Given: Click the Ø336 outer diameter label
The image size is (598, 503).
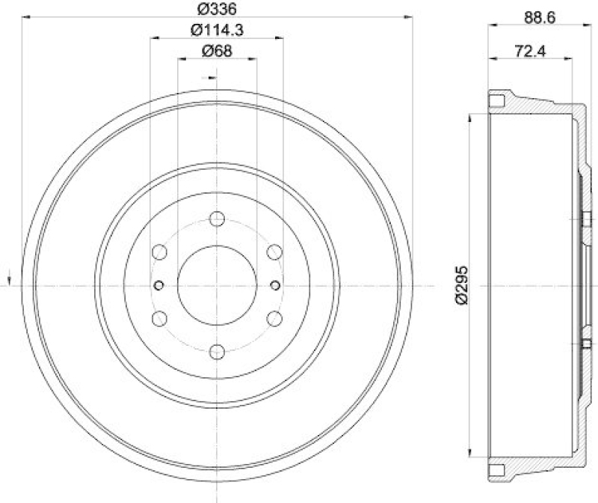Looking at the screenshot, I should [215, 10].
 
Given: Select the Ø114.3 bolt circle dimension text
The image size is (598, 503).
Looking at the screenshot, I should [218, 31].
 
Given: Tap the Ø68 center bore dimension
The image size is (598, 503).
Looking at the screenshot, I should [217, 51].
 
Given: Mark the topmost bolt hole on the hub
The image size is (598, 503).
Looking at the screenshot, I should [217, 219].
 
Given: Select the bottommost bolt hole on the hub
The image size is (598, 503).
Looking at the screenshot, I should [217, 351].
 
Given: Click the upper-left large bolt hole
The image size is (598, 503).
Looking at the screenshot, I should [159, 252].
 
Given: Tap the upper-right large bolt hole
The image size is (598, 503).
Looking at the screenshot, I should [274, 252].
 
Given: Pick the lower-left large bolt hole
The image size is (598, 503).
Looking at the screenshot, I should [159, 319].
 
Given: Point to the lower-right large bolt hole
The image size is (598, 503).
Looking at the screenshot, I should [274, 319].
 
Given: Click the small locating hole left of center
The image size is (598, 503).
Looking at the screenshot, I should [158, 285].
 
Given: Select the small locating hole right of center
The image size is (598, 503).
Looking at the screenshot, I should [275, 285].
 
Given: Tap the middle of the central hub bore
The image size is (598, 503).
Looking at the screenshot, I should [217, 285].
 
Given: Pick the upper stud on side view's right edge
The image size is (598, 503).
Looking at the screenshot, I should [582, 219].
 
